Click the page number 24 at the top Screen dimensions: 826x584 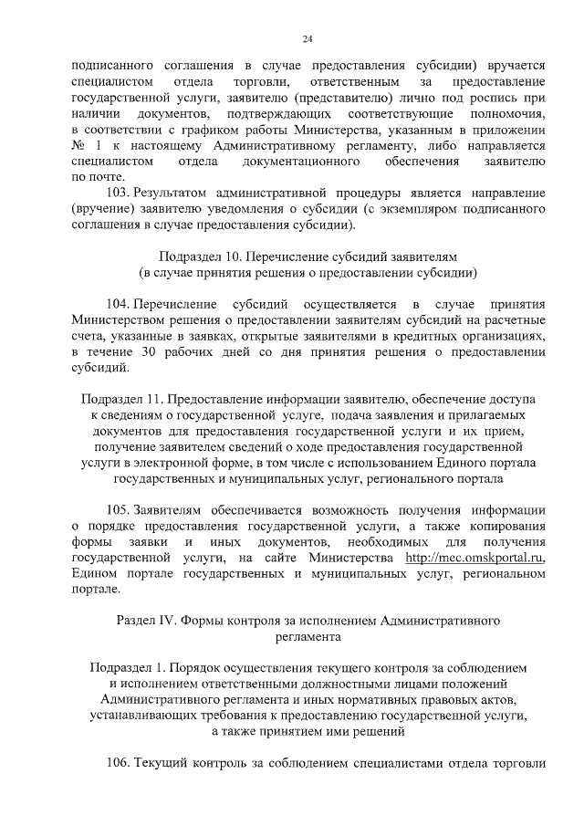(308, 38)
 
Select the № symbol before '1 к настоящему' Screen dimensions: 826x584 (78, 144)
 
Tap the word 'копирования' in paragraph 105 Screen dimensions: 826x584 (507, 526)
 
